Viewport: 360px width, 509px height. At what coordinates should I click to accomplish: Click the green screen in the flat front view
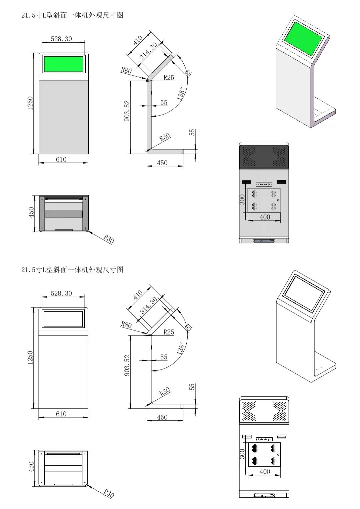[x=64, y=64]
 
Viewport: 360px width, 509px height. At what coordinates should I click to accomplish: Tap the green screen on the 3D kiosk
[x=303, y=38]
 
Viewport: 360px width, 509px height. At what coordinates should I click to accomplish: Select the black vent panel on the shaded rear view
[x=264, y=157]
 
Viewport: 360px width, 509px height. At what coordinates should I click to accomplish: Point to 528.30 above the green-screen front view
[x=61, y=39]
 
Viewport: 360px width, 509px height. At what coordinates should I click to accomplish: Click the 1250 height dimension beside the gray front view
[x=30, y=103]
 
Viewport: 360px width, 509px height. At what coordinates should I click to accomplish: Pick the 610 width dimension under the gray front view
[x=61, y=160]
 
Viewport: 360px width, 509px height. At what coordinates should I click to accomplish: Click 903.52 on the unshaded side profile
[x=127, y=365]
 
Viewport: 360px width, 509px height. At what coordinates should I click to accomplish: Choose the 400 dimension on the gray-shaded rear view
[x=265, y=217]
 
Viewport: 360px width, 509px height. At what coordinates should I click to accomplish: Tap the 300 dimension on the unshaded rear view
[x=242, y=454]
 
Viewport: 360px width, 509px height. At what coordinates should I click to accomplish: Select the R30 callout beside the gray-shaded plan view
[x=109, y=239]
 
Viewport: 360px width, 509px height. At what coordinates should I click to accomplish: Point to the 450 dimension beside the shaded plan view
[x=31, y=213]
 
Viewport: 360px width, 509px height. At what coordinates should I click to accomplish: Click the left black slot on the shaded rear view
[x=246, y=182]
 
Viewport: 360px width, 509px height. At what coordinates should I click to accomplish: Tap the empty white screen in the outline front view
[x=63, y=319]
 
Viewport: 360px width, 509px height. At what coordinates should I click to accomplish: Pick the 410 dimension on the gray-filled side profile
[x=138, y=40]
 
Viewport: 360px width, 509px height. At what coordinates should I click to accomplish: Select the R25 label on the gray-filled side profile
[x=169, y=78]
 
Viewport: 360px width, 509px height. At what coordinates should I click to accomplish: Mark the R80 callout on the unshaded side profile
[x=126, y=324]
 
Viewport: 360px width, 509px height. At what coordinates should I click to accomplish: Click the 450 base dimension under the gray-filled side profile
[x=162, y=163]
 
